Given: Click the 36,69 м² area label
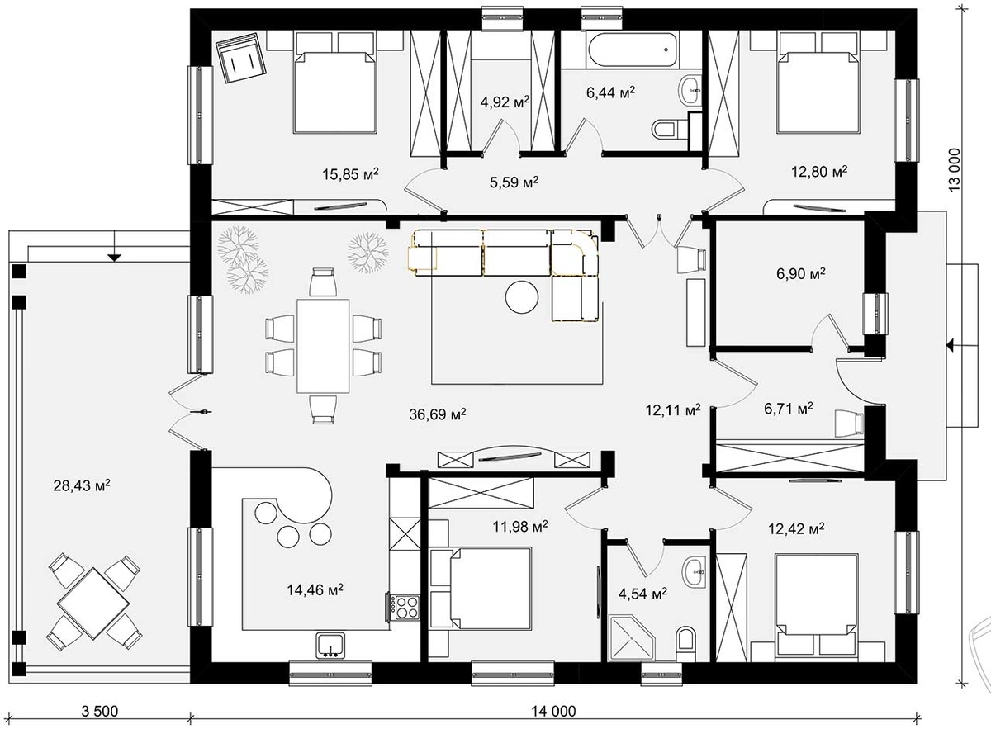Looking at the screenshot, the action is click(x=437, y=414).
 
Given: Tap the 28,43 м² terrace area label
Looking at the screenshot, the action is click(x=82, y=485).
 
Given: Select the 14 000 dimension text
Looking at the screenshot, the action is click(x=553, y=712).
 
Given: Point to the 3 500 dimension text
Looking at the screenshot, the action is click(x=100, y=712).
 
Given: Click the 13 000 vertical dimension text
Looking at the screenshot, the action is click(x=955, y=170).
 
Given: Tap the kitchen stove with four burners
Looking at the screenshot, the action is click(x=405, y=608).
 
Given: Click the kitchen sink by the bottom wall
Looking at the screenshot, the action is click(x=330, y=646).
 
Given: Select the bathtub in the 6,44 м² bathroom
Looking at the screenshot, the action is click(x=633, y=50).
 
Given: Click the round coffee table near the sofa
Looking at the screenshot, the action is click(x=522, y=297).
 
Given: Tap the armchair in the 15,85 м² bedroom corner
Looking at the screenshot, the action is click(x=241, y=58).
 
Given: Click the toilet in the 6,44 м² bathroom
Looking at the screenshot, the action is click(x=664, y=130).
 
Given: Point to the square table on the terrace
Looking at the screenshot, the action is click(x=93, y=604).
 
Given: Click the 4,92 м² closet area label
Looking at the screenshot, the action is click(x=505, y=102).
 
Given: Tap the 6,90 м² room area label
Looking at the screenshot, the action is click(x=801, y=273).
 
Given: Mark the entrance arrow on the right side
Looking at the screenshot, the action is click(x=962, y=344).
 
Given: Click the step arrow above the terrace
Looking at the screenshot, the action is click(x=114, y=246).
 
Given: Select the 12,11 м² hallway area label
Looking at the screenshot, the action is click(x=673, y=409).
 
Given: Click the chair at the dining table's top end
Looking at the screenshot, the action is click(x=323, y=282).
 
